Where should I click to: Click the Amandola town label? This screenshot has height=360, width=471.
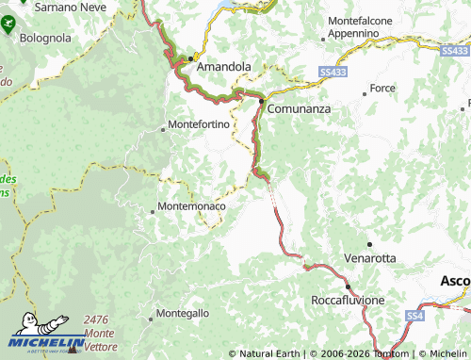(x=223, y=67)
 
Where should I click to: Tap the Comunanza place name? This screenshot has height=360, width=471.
(x=299, y=109)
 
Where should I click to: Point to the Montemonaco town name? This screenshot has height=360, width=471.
(x=192, y=205)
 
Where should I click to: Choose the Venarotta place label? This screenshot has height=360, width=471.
(x=370, y=257)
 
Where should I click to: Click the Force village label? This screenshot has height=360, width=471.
(x=382, y=88)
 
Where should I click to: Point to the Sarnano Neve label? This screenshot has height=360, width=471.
(x=69, y=6)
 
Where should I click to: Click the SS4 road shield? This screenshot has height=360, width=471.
(x=415, y=315)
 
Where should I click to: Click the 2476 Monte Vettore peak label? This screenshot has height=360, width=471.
(x=99, y=334)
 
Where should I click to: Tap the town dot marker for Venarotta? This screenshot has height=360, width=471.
(x=369, y=244)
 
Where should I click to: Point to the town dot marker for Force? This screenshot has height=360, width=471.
(x=365, y=93)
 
